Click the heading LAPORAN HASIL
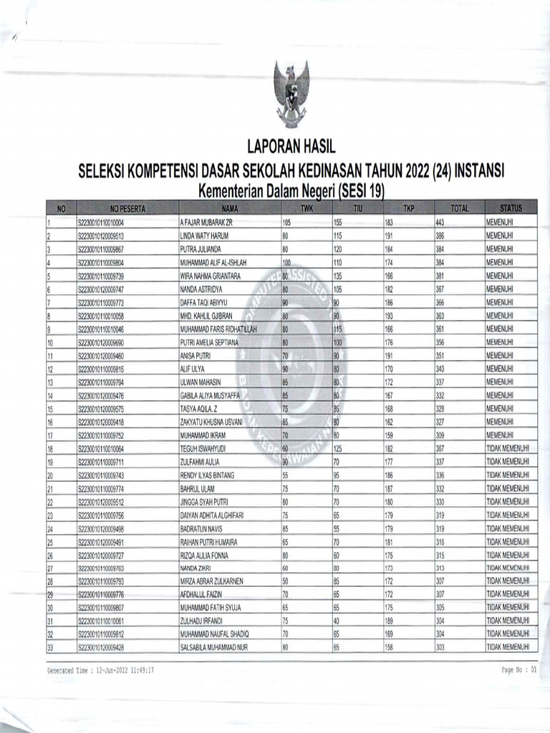(291, 147)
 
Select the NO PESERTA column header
(127, 208)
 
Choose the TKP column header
(408, 208)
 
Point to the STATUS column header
(511, 208)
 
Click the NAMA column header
(229, 208)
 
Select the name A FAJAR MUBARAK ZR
(207, 223)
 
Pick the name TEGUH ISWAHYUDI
(204, 448)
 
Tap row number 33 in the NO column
(51, 647)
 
